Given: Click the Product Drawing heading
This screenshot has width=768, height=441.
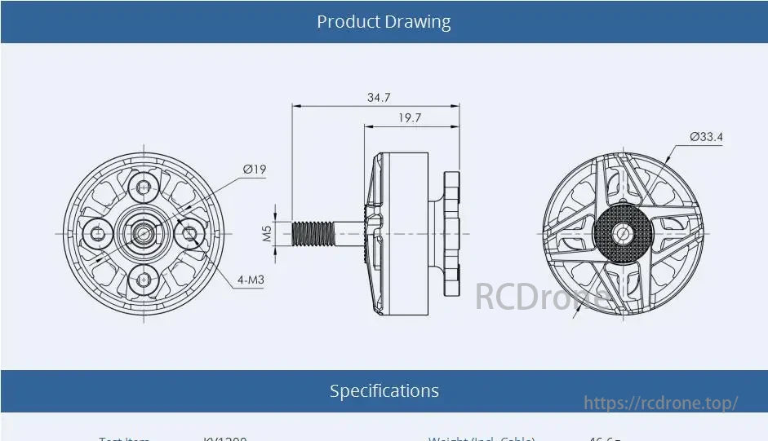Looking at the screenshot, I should coord(384,22).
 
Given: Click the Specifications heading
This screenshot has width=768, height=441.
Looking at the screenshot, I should coord(384,391).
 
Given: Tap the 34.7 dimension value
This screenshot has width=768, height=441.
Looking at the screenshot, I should coord(378,97).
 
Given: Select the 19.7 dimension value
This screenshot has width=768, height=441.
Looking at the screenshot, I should coord(410,118).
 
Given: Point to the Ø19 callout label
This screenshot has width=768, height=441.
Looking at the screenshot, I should coord(255,170).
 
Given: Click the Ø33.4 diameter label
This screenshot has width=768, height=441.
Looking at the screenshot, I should coord(706,137).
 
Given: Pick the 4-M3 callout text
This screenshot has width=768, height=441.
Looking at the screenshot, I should coord(251,280).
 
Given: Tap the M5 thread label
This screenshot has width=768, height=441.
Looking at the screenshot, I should coord(267,234).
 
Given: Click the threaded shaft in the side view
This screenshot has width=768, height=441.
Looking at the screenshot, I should coord(313,233).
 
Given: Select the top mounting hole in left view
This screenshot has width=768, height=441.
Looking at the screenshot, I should coord(144,188).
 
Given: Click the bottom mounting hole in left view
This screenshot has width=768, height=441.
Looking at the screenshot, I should coord(144,279).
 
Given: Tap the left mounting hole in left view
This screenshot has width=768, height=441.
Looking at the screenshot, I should coord(99,234).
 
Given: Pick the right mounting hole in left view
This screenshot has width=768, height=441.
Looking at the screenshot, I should coord(190,234).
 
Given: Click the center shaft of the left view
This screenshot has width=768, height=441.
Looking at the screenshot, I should coord(144,234).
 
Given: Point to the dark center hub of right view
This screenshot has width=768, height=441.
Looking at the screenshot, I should coord(624,234).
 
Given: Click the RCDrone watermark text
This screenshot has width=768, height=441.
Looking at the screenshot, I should coord(541,296).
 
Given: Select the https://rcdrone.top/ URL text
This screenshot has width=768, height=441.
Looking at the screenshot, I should coord(661,403).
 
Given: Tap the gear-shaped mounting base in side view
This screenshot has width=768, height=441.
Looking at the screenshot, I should coord(453,234).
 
